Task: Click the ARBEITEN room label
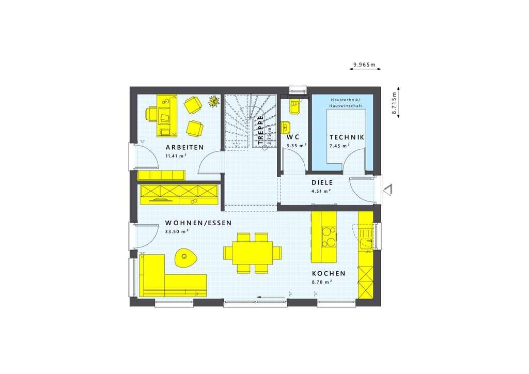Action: tap(184, 147)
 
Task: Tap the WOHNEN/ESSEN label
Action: tap(198, 223)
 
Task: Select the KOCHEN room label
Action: tap(329, 273)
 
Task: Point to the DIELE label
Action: tap(322, 183)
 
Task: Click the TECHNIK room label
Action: tap(347, 137)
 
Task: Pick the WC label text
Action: tap(293, 137)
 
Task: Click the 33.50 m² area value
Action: tap(177, 232)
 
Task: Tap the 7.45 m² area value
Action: tap(339, 146)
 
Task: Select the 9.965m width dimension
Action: tap(365, 64)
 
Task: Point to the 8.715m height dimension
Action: tap(394, 102)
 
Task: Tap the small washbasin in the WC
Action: tap(285, 128)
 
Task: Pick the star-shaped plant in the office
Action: tap(213, 101)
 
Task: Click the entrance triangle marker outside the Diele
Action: tap(388, 190)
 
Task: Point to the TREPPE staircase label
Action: tap(261, 130)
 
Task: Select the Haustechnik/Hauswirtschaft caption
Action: tap(346, 103)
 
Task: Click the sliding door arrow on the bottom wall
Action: tap(271, 297)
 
